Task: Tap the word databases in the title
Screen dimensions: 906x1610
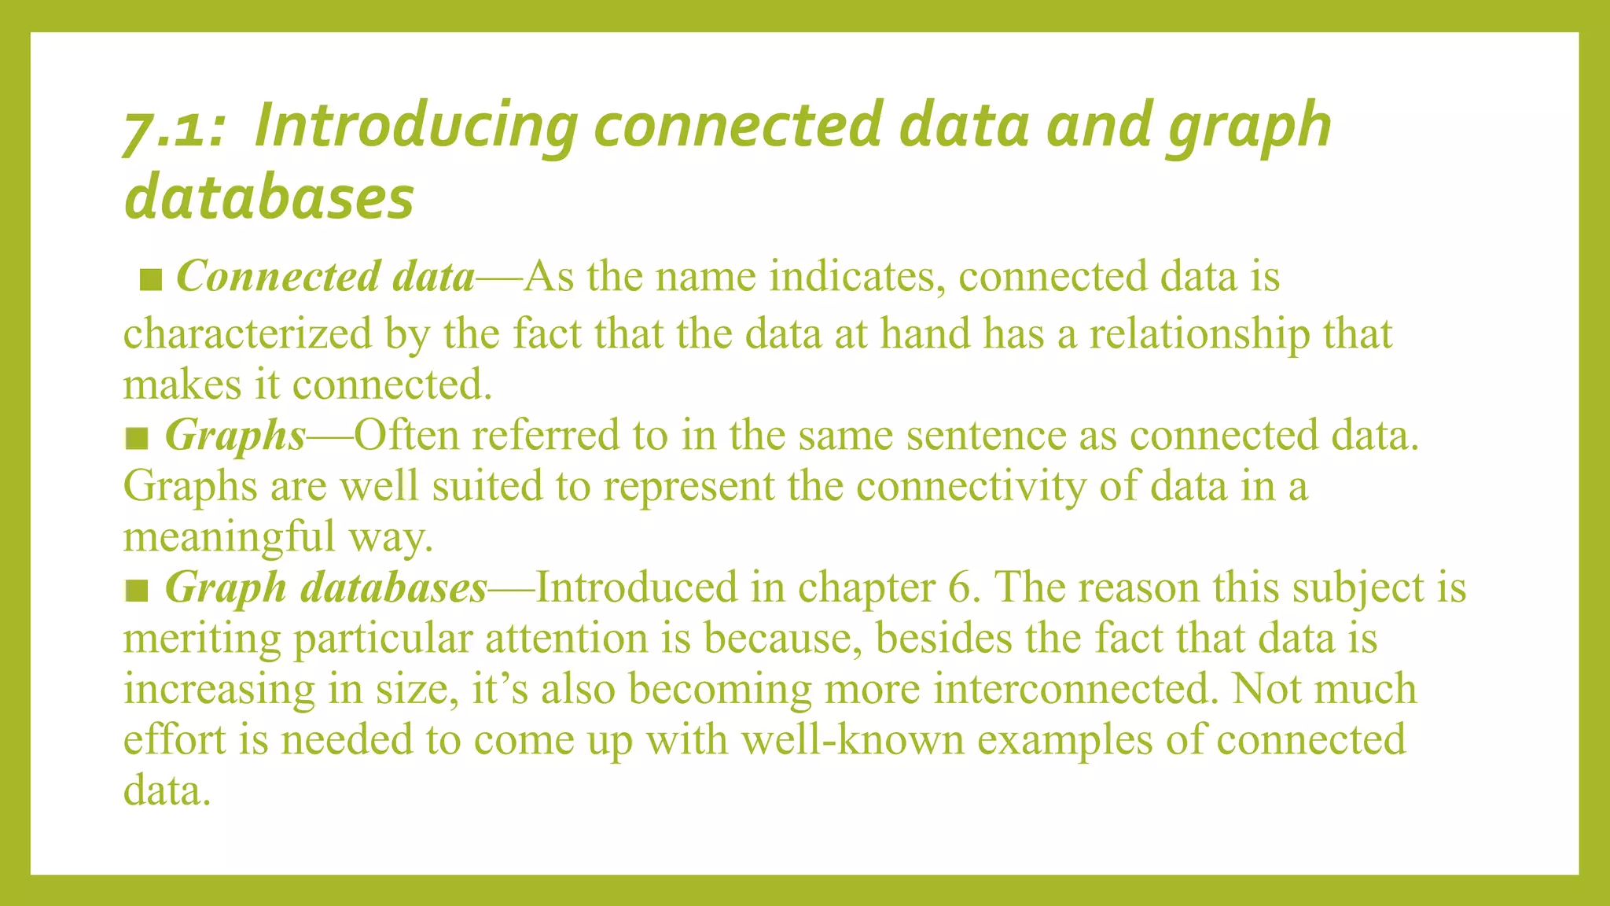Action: (269, 197)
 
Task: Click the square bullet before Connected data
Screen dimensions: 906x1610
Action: (151, 279)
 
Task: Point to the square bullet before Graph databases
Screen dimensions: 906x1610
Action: (137, 590)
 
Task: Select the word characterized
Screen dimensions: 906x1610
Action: (248, 333)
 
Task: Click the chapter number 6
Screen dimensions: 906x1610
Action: (958, 587)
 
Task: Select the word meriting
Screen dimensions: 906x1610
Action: (202, 638)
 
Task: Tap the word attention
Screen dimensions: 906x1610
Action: (565, 638)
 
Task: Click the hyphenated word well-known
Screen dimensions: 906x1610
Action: (853, 739)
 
